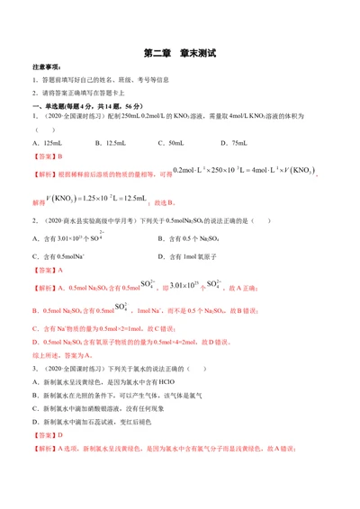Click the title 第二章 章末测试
(x=180, y=53)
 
